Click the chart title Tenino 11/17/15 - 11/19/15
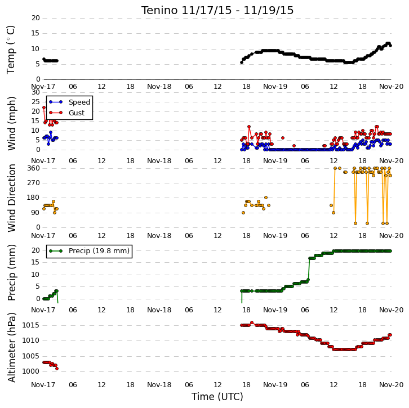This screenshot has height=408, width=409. [217, 11]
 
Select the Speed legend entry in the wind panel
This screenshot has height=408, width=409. [69, 102]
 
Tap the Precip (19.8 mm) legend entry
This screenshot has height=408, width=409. [89, 251]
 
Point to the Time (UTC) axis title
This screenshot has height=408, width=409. [217, 397]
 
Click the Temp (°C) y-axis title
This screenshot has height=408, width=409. [11, 50]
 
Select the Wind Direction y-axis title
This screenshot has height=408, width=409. [11, 198]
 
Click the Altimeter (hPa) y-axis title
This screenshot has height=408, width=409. [11, 348]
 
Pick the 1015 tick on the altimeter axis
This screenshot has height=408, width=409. [31, 325]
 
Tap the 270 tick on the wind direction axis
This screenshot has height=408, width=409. [33, 183]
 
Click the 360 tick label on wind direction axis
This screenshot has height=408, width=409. [33, 168]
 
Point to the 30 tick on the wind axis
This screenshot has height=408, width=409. [35, 92]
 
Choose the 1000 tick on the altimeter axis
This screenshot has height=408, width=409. [31, 371]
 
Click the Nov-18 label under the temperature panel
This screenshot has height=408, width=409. [159, 87]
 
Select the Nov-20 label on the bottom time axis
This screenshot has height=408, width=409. [392, 384]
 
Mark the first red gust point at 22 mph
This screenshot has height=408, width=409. [44, 107]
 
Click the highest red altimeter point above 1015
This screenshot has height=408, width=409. [252, 322]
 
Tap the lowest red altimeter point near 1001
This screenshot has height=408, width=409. [57, 369]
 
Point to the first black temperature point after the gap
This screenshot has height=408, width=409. [242, 62]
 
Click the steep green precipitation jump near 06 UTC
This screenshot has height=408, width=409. [309, 269]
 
